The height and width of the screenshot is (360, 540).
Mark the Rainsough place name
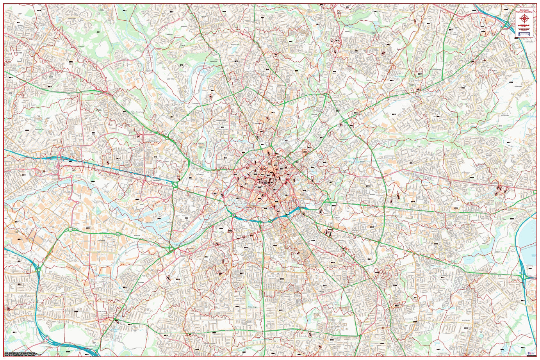tap(169, 35)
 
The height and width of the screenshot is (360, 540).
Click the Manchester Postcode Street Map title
tap(524, 12)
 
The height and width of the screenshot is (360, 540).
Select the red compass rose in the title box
tap(524, 18)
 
